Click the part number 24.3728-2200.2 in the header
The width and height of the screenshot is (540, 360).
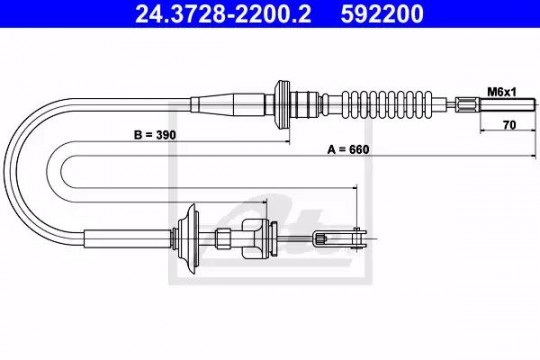(223, 14)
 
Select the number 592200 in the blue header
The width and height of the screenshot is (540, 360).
(382, 14)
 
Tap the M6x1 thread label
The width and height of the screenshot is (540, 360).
(502, 92)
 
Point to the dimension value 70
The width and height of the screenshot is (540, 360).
(509, 125)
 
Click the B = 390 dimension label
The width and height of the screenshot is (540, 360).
(155, 135)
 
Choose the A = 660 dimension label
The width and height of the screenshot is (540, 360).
(348, 150)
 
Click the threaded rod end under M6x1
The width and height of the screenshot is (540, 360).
(507, 104)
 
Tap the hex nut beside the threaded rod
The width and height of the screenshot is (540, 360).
(467, 104)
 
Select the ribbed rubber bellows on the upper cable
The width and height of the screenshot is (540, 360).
(387, 105)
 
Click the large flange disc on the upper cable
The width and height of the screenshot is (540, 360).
(282, 105)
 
